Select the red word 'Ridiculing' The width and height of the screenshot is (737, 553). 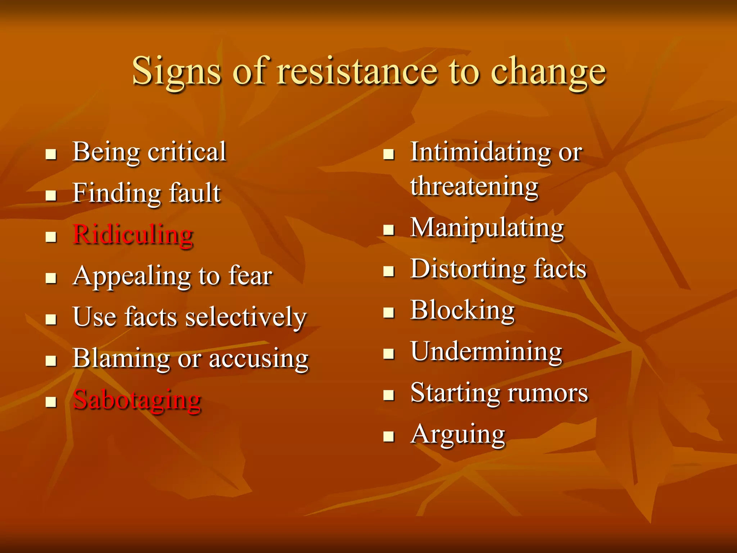133,235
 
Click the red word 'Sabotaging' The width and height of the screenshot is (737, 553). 137,400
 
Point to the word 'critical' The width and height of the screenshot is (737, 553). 187,152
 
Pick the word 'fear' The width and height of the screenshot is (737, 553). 250,276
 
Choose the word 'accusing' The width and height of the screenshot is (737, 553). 258,359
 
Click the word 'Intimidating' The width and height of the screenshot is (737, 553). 480,152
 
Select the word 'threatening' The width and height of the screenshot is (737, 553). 474,186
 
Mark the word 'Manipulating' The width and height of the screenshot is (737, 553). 487,228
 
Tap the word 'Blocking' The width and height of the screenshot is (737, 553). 462,310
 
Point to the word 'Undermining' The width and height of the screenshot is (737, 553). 486,352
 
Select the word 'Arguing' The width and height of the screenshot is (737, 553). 458,435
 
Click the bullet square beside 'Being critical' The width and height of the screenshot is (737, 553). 51,154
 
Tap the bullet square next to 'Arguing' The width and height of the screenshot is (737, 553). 389,437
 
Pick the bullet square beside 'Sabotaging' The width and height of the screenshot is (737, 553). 51,402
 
